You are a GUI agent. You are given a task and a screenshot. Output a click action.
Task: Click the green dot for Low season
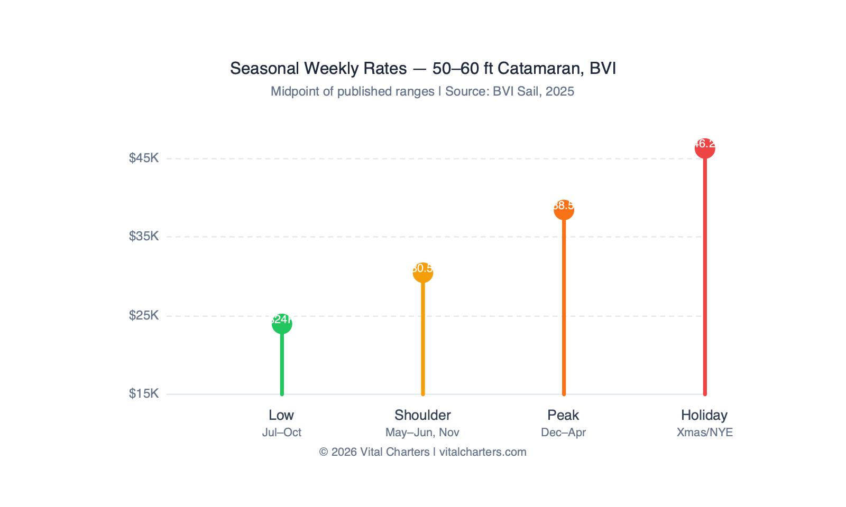click(282, 324)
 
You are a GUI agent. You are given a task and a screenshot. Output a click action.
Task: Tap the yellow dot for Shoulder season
click(423, 273)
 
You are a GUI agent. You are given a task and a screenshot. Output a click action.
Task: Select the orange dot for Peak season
click(564, 210)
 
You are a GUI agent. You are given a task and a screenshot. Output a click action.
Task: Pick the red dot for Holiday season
click(705, 148)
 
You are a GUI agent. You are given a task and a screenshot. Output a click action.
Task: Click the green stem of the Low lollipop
click(282, 364)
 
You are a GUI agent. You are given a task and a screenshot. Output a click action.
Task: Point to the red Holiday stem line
click(705, 275)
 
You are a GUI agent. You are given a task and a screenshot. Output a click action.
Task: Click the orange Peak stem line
click(564, 306)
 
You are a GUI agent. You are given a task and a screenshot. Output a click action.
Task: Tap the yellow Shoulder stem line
click(423, 338)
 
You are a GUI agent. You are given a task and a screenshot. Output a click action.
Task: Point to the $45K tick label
click(144, 158)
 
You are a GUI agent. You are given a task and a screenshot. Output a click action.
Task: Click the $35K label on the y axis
click(144, 236)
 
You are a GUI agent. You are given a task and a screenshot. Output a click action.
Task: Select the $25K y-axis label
click(144, 315)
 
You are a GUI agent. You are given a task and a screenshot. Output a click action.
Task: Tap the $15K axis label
click(144, 393)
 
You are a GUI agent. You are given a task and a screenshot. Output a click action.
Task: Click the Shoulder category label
click(422, 415)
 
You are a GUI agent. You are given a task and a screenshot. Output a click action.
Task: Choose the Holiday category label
click(704, 415)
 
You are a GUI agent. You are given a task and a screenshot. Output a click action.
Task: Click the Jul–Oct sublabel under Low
click(282, 433)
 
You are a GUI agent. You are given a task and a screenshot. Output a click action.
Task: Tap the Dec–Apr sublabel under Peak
click(564, 433)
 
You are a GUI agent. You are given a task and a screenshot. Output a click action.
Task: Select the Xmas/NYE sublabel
click(705, 433)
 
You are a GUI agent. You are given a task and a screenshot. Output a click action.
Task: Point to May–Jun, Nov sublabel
click(422, 433)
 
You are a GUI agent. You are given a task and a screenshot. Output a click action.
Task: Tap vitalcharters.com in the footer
click(483, 452)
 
